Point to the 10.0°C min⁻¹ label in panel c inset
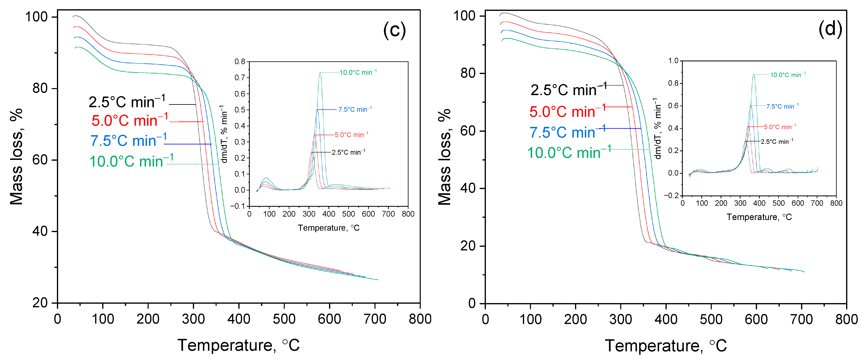click(358, 72)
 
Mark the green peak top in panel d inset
click(754, 75)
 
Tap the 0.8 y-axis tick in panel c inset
click(240, 62)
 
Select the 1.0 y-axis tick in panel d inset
click(673, 61)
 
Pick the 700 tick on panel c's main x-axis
click(375, 319)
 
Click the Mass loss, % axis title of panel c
click(16, 156)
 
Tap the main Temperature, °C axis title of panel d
click(666, 345)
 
